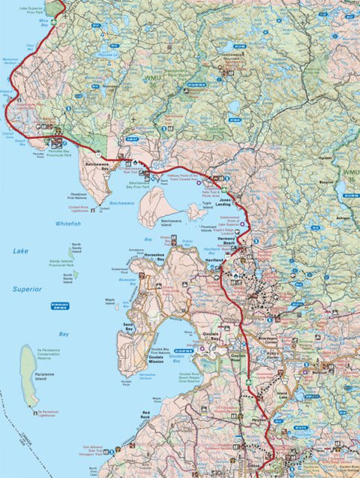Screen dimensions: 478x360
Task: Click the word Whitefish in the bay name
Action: click(x=67, y=224)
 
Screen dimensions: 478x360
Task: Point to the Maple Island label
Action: click(x=110, y=300)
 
